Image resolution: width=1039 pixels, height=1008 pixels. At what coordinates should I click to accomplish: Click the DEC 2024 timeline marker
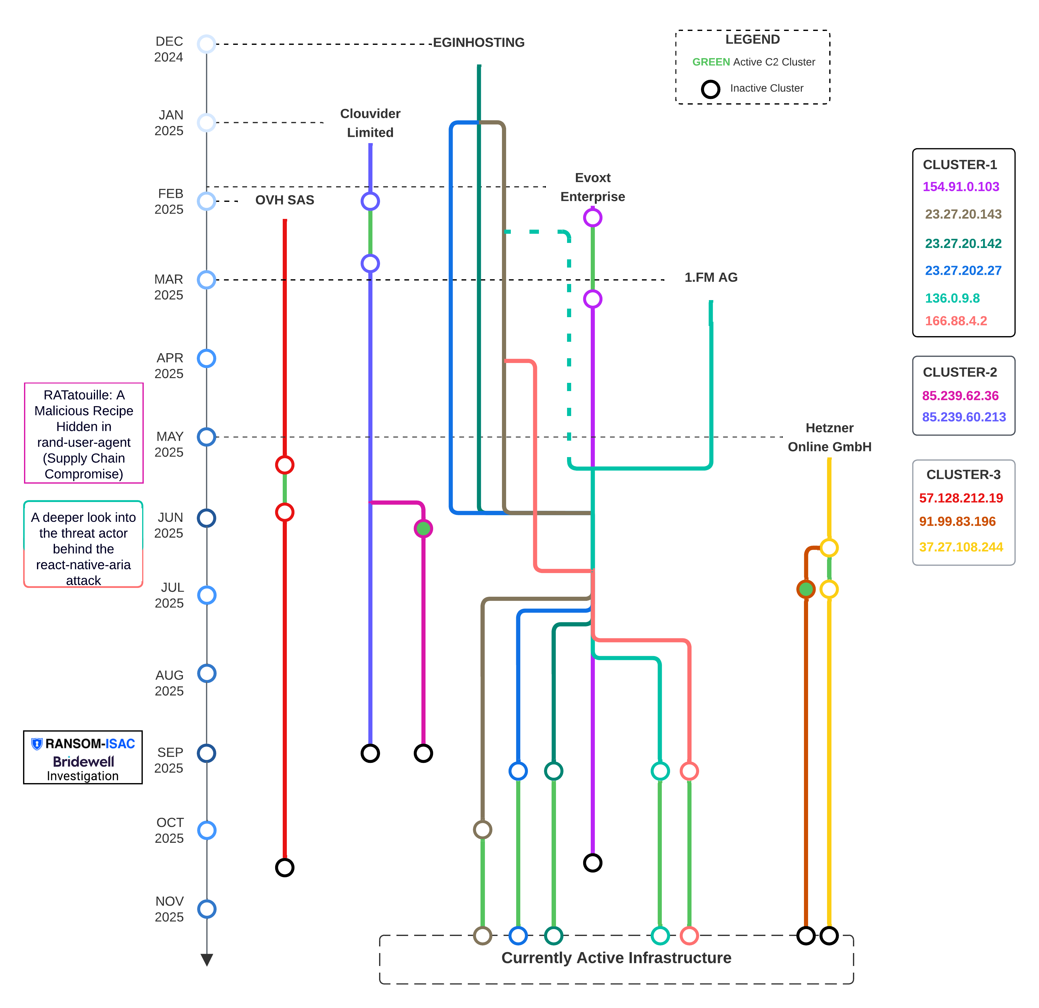click(206, 44)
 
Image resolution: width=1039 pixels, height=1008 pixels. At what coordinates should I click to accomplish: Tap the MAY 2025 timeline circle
click(206, 437)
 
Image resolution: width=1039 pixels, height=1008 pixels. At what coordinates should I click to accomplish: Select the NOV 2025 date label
click(169, 909)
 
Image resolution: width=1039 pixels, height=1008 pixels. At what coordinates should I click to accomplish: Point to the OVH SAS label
click(285, 200)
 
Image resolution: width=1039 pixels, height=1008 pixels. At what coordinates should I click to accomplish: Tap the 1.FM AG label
click(711, 277)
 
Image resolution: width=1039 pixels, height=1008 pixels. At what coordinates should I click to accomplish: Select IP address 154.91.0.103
click(961, 187)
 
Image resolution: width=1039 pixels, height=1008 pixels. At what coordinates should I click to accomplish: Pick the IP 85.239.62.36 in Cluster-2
click(960, 395)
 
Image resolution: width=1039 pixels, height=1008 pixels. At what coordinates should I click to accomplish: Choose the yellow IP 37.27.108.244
click(961, 547)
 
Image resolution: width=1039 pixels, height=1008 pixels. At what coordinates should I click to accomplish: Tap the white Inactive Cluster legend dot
click(710, 89)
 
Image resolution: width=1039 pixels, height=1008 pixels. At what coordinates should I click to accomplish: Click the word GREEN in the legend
click(711, 62)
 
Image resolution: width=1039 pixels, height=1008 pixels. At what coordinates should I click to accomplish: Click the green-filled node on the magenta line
click(423, 528)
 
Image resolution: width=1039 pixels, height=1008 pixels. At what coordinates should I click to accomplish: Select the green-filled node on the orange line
click(806, 589)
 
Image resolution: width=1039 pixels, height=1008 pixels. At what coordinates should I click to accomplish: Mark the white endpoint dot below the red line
click(285, 867)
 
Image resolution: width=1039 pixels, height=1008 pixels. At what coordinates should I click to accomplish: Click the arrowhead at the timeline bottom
click(207, 960)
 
